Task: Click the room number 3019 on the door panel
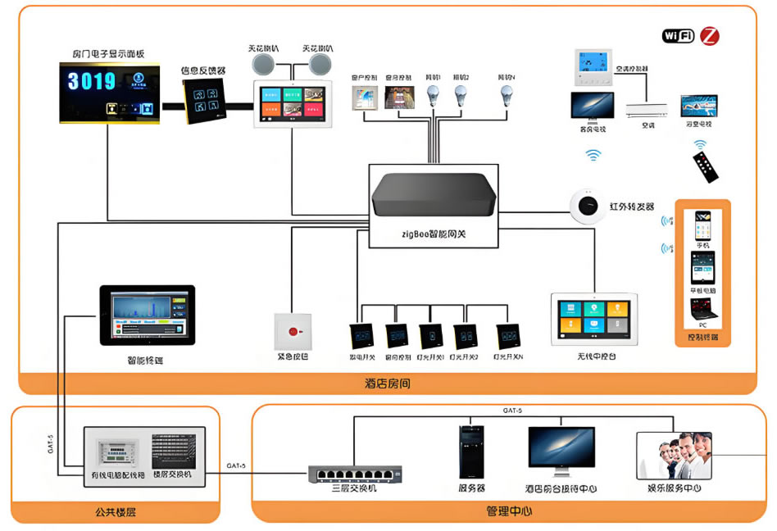click(92, 81)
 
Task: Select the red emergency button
click(293, 333)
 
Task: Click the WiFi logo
click(678, 36)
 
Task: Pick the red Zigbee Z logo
click(710, 36)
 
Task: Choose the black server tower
click(470, 452)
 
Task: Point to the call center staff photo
click(675, 456)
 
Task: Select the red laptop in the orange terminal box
click(703, 310)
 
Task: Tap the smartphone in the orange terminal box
click(703, 226)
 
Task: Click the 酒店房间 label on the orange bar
click(387, 383)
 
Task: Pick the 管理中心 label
click(509, 511)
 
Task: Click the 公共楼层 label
click(115, 512)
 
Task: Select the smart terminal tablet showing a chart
click(148, 315)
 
